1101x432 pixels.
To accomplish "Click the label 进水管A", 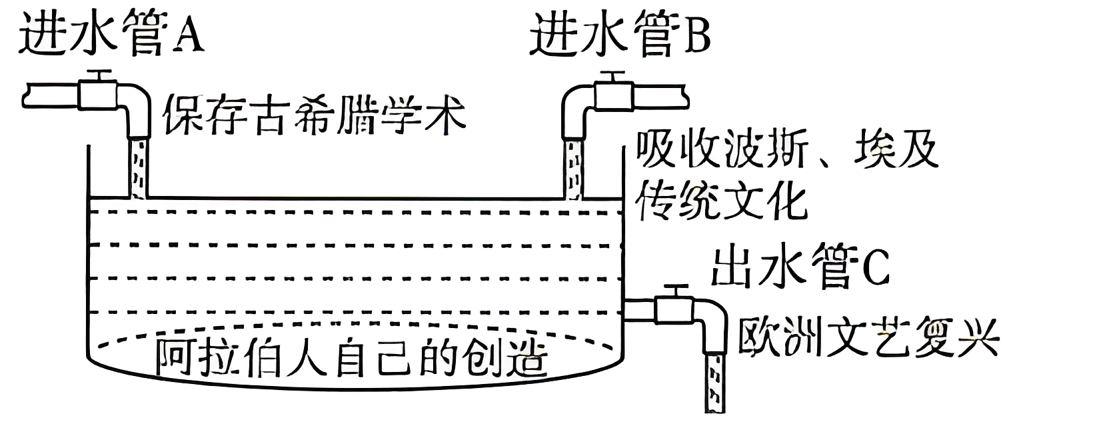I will (x=111, y=34).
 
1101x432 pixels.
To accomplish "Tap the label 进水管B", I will (x=620, y=34).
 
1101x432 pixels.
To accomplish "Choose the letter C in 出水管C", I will (x=876, y=270).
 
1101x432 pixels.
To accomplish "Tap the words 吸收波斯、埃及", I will (x=786, y=150).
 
